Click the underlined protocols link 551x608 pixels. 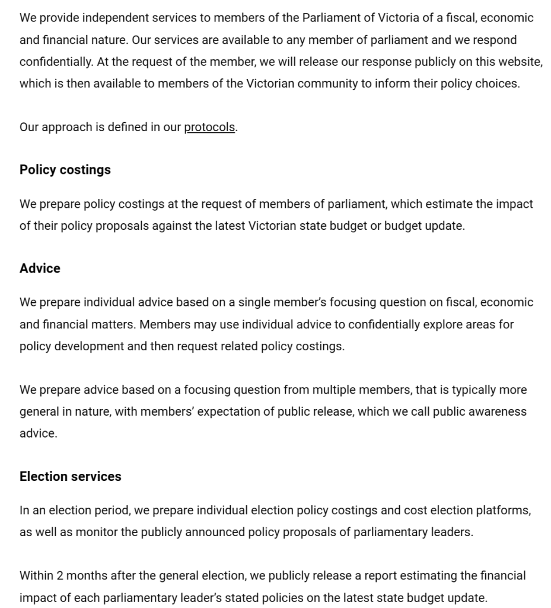(209, 127)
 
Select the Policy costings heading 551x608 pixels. (65, 170)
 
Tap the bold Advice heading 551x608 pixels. (40, 268)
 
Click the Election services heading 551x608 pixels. (70, 476)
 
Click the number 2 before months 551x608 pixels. (60, 575)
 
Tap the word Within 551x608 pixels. (36, 575)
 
